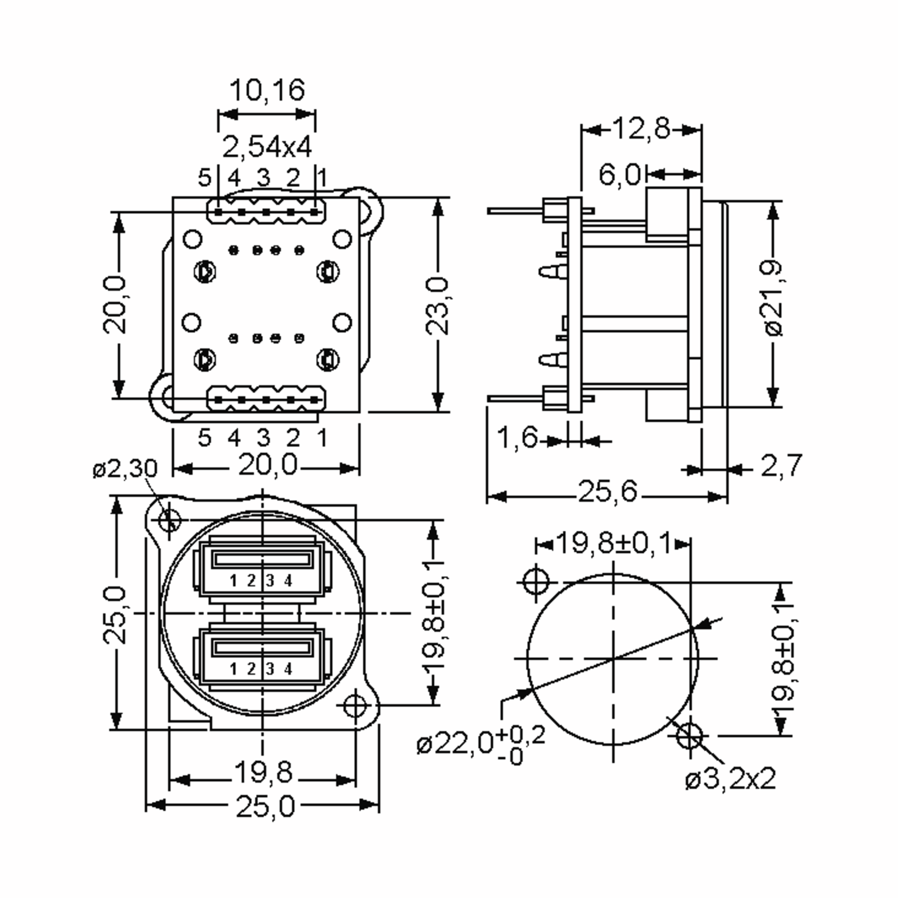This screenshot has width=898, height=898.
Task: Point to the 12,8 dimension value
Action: pos(641,129)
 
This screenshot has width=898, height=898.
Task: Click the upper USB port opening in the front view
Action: pos(262,559)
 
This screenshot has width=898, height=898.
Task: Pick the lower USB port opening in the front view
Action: pos(262,647)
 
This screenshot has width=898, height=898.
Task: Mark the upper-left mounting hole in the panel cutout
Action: pos(536,581)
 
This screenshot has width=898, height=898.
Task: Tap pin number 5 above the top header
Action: pos(205,178)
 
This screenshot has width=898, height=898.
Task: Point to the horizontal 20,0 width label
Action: pos(267,465)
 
